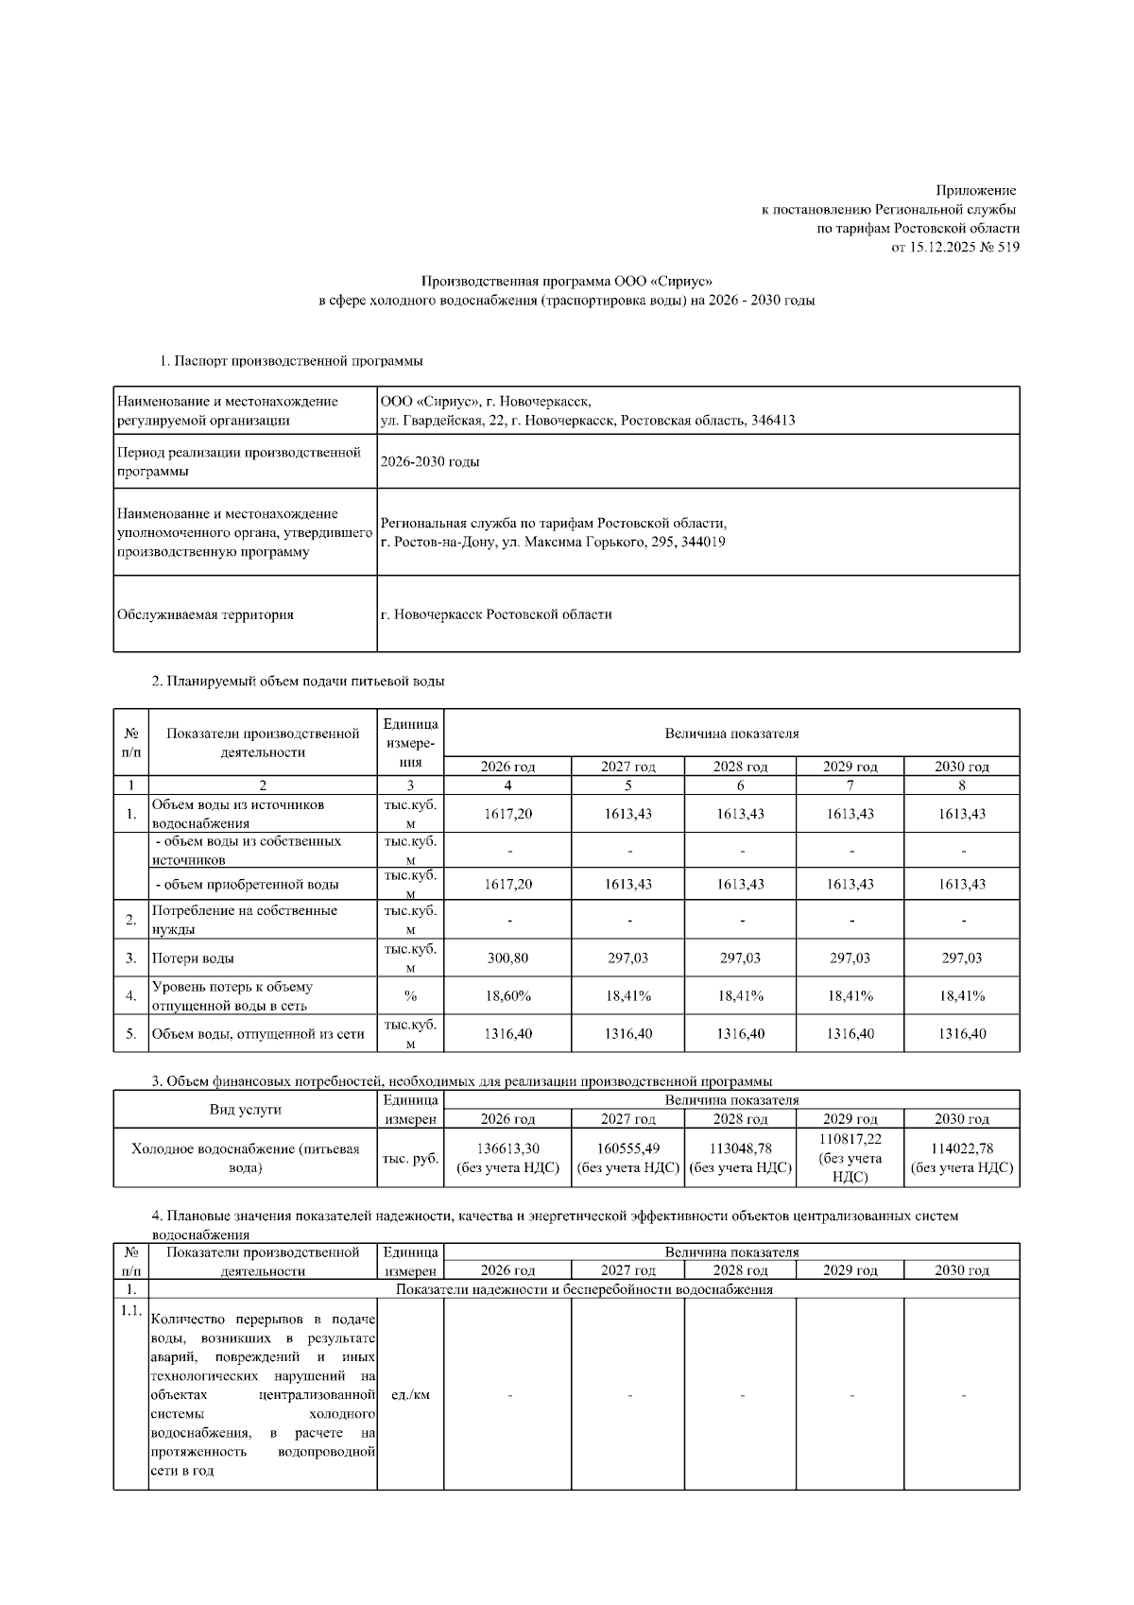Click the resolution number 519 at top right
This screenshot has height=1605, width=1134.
pos(1006,248)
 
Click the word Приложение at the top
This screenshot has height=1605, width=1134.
pos(975,191)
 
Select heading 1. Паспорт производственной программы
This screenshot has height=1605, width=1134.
pos(291,361)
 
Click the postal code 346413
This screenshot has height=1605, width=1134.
pos(772,421)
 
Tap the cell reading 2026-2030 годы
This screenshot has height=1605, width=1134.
pos(430,462)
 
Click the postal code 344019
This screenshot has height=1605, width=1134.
pos(703,543)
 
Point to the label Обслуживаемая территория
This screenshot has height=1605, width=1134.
pos(205,615)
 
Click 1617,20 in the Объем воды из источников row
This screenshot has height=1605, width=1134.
pos(507,814)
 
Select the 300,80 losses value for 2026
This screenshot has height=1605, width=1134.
pos(507,958)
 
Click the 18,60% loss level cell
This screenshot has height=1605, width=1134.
pos(507,996)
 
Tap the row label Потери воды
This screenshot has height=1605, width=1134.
pos(193,958)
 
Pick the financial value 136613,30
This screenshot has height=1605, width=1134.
pos(507,1148)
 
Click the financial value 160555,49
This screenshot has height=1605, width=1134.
pos(628,1148)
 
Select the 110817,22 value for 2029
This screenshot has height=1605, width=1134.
pos(850,1140)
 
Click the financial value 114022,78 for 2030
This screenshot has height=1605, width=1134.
pos(962,1148)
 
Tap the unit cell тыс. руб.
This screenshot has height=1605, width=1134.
pos(410,1158)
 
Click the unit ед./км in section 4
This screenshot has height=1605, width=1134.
pos(410,1395)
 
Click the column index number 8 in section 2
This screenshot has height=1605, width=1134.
pos(962,785)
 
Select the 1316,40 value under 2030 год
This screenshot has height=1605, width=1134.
pos(962,1034)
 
